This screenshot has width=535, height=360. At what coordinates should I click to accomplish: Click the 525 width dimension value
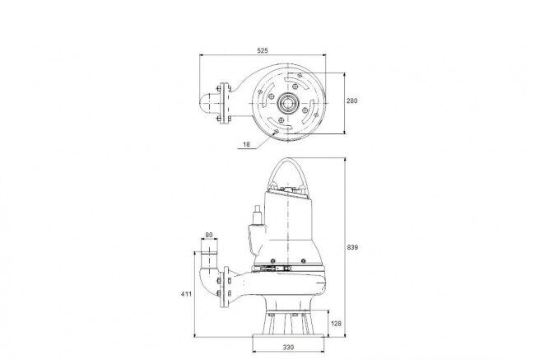point(263,50)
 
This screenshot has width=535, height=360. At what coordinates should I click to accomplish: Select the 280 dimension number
point(352,101)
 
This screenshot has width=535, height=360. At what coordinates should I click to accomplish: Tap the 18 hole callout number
point(246,144)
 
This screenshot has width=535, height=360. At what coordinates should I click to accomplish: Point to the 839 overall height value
point(352,247)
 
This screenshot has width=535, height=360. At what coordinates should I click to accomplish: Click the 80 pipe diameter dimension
point(209,235)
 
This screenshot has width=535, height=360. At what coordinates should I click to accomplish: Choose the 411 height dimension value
point(186,294)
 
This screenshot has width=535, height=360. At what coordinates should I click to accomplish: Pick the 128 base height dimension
point(336,324)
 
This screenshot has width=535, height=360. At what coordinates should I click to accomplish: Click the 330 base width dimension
point(288,348)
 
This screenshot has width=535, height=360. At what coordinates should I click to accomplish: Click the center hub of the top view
point(288,103)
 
